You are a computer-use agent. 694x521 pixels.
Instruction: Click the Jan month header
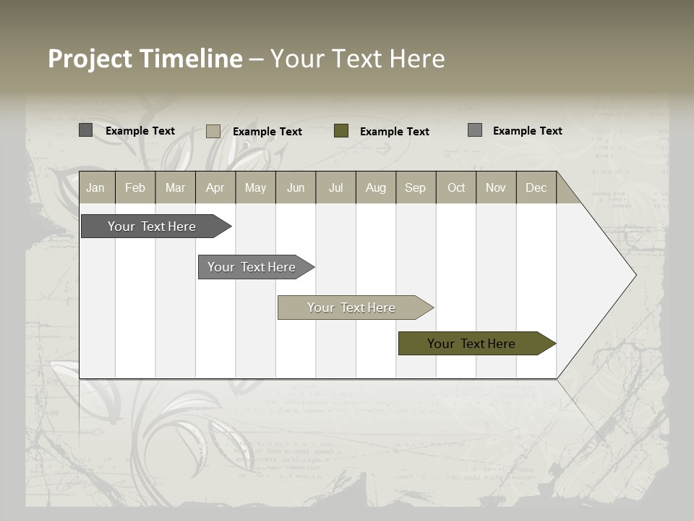[x=95, y=188]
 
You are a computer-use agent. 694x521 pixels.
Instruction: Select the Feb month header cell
[x=135, y=188]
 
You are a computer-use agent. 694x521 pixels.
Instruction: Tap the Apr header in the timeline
[x=215, y=188]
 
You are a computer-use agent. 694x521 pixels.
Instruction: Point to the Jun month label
[x=296, y=188]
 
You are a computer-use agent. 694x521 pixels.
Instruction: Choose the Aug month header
[x=375, y=188]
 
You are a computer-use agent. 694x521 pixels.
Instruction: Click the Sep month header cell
[x=415, y=188]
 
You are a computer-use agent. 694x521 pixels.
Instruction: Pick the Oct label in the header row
[x=456, y=188]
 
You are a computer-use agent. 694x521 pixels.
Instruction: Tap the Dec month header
[x=536, y=188]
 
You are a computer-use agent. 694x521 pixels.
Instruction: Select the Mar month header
[x=175, y=188]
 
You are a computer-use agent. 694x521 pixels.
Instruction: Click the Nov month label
[x=496, y=188]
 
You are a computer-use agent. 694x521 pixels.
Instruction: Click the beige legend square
[x=213, y=131]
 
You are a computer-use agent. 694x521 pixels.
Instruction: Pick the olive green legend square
[x=341, y=131]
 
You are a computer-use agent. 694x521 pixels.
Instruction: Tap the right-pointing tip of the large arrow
[x=633, y=275]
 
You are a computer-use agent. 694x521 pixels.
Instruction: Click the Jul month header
[x=336, y=188]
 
